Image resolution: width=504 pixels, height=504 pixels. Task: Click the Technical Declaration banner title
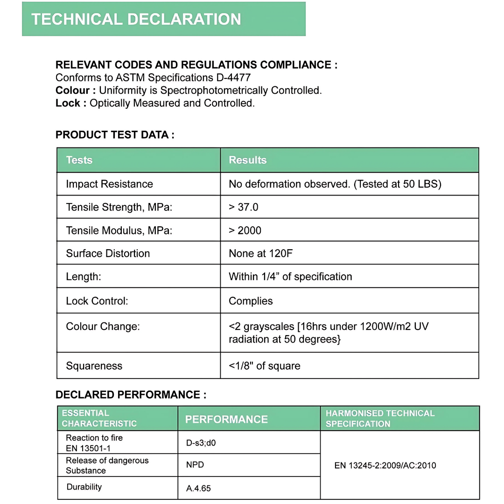pyautogui.click(x=136, y=19)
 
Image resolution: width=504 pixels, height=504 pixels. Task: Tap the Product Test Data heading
pyautogui.click(x=115, y=135)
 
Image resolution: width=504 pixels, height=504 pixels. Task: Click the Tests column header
pyautogui.click(x=79, y=160)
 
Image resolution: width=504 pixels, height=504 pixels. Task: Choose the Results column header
pyautogui.click(x=247, y=160)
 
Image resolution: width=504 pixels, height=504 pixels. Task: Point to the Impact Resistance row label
pyautogui.click(x=109, y=184)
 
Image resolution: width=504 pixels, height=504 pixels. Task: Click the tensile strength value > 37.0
pyautogui.click(x=243, y=207)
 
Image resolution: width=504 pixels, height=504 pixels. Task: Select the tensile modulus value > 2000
pyautogui.click(x=245, y=231)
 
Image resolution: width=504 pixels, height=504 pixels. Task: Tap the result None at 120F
pyautogui.click(x=260, y=253)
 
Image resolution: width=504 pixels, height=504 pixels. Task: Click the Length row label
pyautogui.click(x=84, y=277)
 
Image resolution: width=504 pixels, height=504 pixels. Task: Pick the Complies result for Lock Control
pyautogui.click(x=251, y=301)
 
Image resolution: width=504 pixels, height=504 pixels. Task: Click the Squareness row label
pyautogui.click(x=94, y=366)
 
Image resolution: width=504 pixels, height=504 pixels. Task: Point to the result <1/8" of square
pyautogui.click(x=264, y=366)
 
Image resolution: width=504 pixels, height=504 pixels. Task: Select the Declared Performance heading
pyautogui.click(x=131, y=395)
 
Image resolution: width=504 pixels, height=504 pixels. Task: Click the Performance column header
pyautogui.click(x=226, y=419)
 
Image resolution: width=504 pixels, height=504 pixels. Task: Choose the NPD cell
pyautogui.click(x=195, y=465)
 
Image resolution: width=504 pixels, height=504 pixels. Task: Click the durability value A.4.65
pyautogui.click(x=198, y=489)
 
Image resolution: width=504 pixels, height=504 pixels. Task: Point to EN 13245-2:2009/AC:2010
pyautogui.click(x=385, y=465)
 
